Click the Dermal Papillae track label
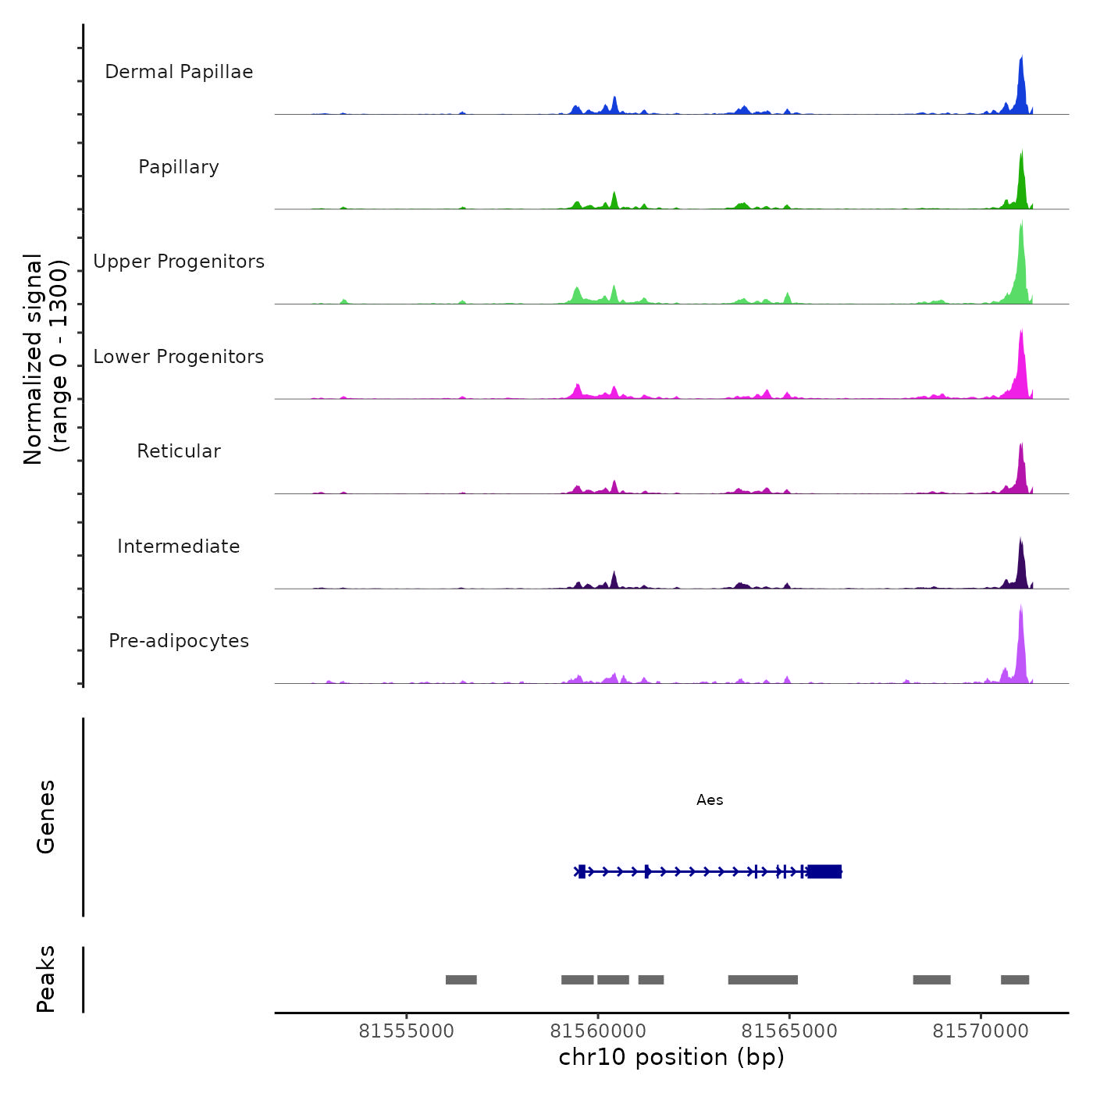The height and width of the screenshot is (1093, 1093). tap(179, 72)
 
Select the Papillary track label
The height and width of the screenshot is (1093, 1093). tap(179, 167)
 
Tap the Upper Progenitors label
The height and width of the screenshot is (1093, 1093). tap(179, 262)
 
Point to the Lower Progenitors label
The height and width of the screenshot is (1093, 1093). tap(179, 357)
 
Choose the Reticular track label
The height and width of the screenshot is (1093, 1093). tap(179, 451)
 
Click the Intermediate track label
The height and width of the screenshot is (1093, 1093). tap(179, 546)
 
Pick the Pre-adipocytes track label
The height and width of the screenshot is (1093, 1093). tap(179, 641)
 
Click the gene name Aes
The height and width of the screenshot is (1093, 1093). tap(710, 800)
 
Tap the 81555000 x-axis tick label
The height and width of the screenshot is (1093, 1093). tap(406, 1031)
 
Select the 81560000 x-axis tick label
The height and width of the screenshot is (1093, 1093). tap(598, 1031)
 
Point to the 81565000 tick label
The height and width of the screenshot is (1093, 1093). tap(789, 1031)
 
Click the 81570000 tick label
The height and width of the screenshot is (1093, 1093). tap(981, 1031)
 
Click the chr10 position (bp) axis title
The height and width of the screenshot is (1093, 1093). tap(671, 1057)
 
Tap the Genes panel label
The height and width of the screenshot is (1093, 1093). tap(46, 817)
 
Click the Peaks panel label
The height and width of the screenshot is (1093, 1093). tap(46, 979)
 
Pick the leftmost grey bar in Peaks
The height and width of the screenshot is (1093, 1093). tap(461, 980)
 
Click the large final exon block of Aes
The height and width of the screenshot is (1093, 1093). tap(824, 871)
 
